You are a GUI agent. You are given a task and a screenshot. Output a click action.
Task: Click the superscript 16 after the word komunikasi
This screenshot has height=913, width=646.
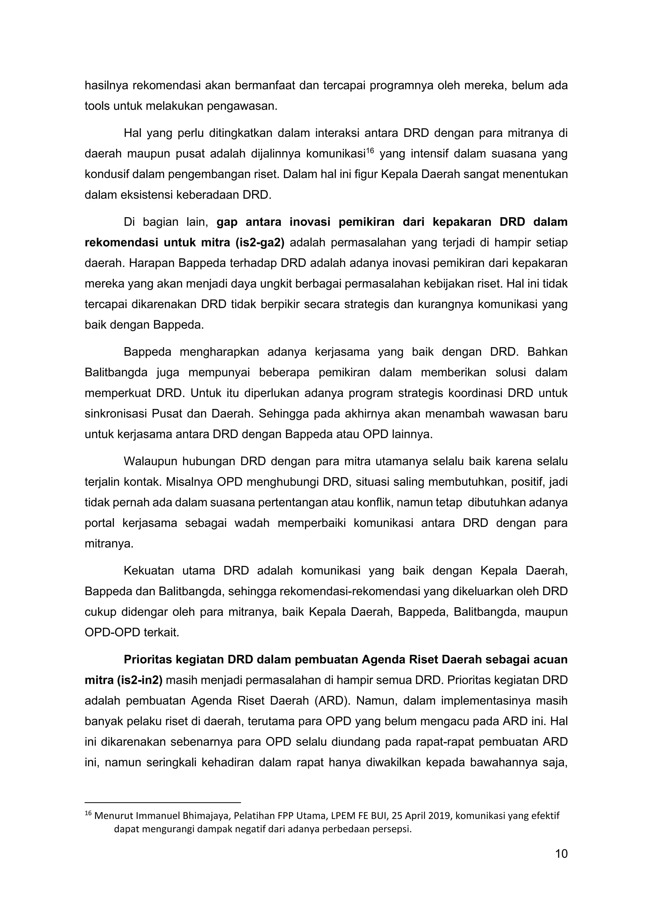click(x=370, y=151)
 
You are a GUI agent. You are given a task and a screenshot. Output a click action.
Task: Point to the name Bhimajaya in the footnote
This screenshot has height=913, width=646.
click(x=207, y=816)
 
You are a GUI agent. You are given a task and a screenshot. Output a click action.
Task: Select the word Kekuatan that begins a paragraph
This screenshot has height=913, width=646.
click(x=149, y=571)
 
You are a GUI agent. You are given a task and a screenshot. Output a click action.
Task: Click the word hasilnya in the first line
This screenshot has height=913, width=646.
click(x=106, y=85)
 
